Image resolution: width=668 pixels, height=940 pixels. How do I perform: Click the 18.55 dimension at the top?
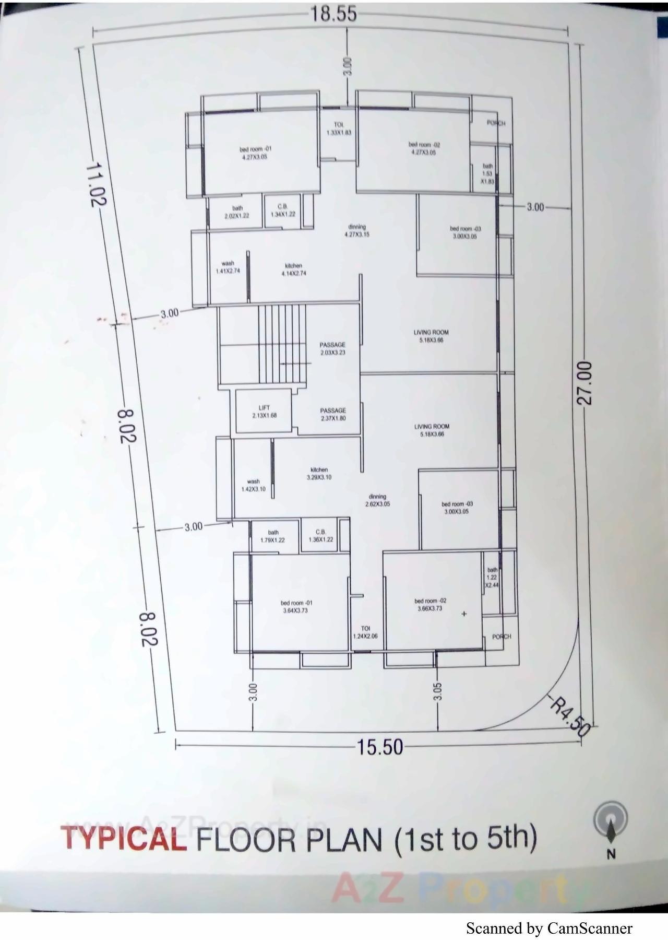pyautogui.click(x=334, y=14)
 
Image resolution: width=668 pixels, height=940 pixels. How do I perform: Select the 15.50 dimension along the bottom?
pyautogui.click(x=380, y=747)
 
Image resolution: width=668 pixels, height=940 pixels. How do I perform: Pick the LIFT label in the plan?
pyautogui.click(x=264, y=412)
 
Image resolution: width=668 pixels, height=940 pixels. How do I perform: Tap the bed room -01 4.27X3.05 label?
pyautogui.click(x=255, y=152)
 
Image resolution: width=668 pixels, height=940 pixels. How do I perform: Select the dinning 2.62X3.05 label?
pyautogui.click(x=377, y=500)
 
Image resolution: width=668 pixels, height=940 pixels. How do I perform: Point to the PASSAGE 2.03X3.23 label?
pyautogui.click(x=332, y=348)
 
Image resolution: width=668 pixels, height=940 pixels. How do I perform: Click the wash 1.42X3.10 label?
pyautogui.click(x=253, y=485)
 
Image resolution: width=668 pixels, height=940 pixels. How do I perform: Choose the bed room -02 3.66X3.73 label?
pyautogui.click(x=430, y=604)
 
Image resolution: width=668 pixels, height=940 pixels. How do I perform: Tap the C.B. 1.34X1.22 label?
pyautogui.click(x=283, y=210)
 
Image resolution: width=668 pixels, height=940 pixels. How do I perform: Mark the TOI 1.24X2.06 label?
pyautogui.click(x=365, y=632)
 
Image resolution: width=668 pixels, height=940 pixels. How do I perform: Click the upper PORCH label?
pyautogui.click(x=495, y=123)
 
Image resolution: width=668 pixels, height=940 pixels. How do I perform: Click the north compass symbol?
pyautogui.click(x=610, y=822)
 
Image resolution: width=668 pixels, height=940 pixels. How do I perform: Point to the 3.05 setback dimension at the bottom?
pyautogui.click(x=437, y=691)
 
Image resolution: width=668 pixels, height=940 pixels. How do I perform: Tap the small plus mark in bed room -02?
pyautogui.click(x=464, y=614)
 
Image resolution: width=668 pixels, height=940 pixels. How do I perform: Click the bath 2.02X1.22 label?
pyautogui.click(x=237, y=212)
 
